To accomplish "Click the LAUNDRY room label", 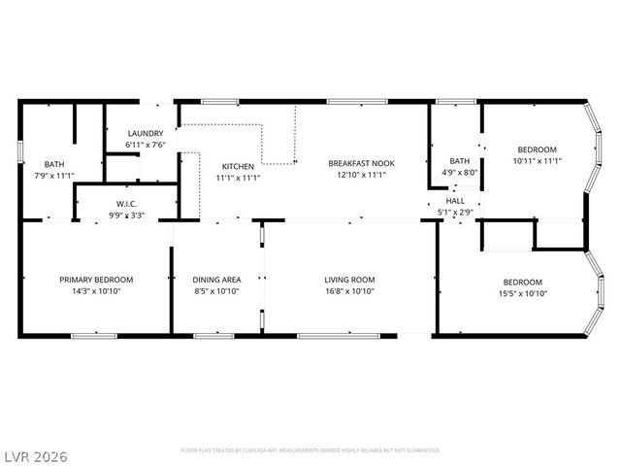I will [x=146, y=134].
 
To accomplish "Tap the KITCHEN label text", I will [x=237, y=166].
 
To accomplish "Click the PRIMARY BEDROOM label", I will [x=96, y=280].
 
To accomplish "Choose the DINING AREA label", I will [x=216, y=280].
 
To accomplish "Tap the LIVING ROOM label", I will [x=349, y=280].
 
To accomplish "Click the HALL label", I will [x=455, y=200].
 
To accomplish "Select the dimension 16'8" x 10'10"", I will [x=349, y=291].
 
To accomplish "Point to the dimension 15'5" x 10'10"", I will [x=524, y=293].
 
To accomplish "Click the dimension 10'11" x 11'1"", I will [x=537, y=160].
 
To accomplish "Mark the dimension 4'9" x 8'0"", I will [x=460, y=173].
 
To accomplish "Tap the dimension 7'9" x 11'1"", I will [x=53, y=176].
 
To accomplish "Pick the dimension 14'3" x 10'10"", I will [x=96, y=291].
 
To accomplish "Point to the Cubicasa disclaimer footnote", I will [x=310, y=450].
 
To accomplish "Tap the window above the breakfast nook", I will [x=357, y=100].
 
